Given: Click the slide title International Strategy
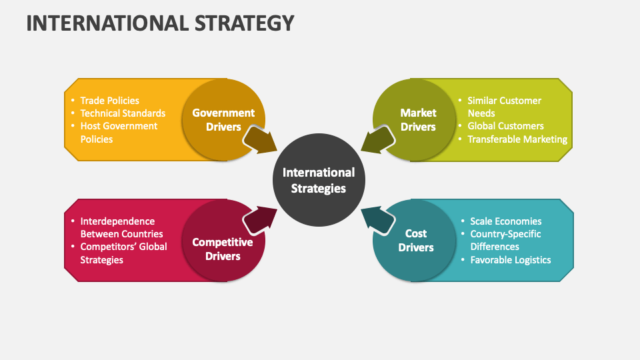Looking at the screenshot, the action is coord(160,23).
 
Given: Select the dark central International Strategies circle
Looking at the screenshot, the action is coord(319,180).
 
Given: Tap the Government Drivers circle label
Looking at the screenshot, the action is coord(223,119).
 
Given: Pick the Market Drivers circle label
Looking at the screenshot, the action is coord(418,119).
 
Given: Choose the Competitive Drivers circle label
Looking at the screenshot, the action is coord(223,249).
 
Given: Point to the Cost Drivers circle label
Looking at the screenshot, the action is coord(416,241).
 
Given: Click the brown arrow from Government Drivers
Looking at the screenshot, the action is coord(259,140).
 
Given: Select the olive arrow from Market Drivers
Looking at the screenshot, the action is coord(378,140).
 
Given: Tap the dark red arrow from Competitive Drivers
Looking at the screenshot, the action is coord(259,221).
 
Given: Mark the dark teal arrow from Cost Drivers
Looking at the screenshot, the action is coord(378,221).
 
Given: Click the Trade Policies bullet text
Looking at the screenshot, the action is coord(109,101).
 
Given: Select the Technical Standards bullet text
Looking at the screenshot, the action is coord(123,113).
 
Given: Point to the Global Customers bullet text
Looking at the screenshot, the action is coord(506,126).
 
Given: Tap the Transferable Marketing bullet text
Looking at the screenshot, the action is coord(517,139).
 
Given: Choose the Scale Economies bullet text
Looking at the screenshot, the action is coord(506,221).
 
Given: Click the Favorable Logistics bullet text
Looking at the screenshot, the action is coord(511,260).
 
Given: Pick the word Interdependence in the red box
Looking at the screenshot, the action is coord(117,221).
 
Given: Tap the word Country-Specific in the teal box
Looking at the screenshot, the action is coord(505,234).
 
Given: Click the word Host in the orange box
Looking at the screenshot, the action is coord(90,126).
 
